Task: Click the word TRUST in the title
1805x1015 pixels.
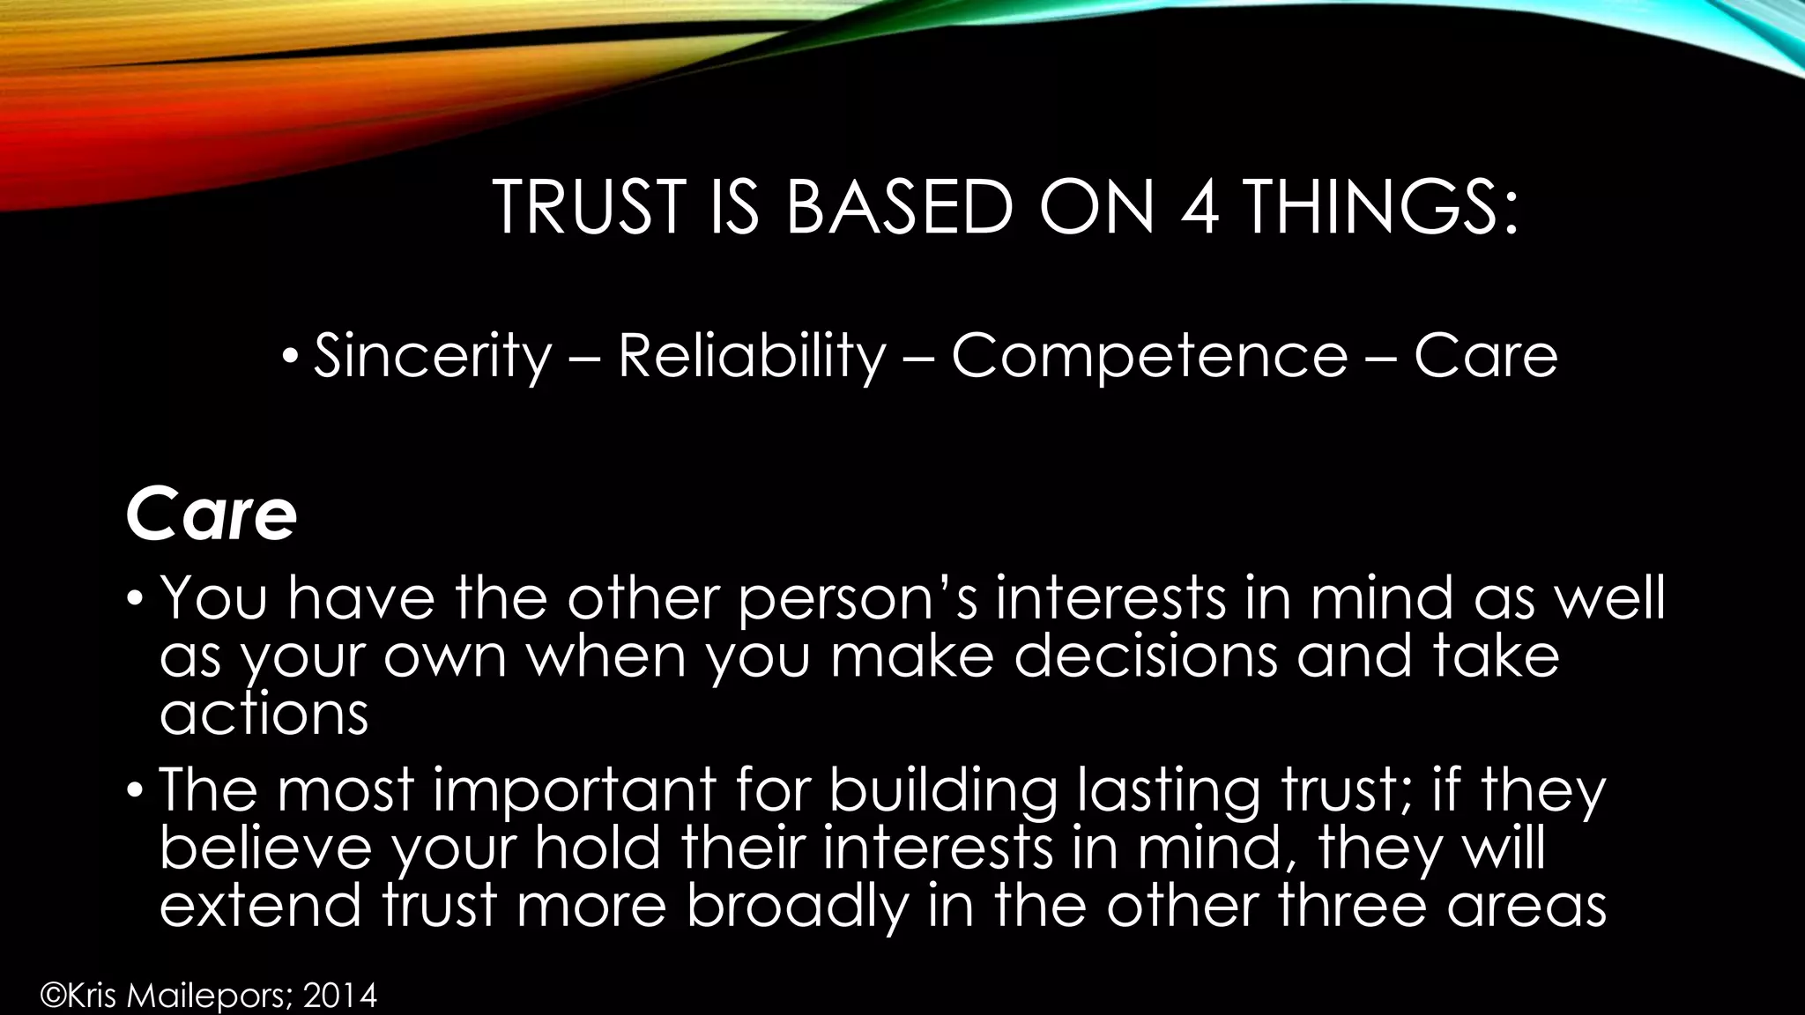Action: coord(588,207)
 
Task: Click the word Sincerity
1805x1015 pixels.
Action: coord(432,356)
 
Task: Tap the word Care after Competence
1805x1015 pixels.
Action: coord(1486,356)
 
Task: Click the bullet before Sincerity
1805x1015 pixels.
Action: coord(290,358)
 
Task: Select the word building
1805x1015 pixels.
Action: coord(942,791)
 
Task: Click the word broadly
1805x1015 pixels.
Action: coord(798,906)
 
